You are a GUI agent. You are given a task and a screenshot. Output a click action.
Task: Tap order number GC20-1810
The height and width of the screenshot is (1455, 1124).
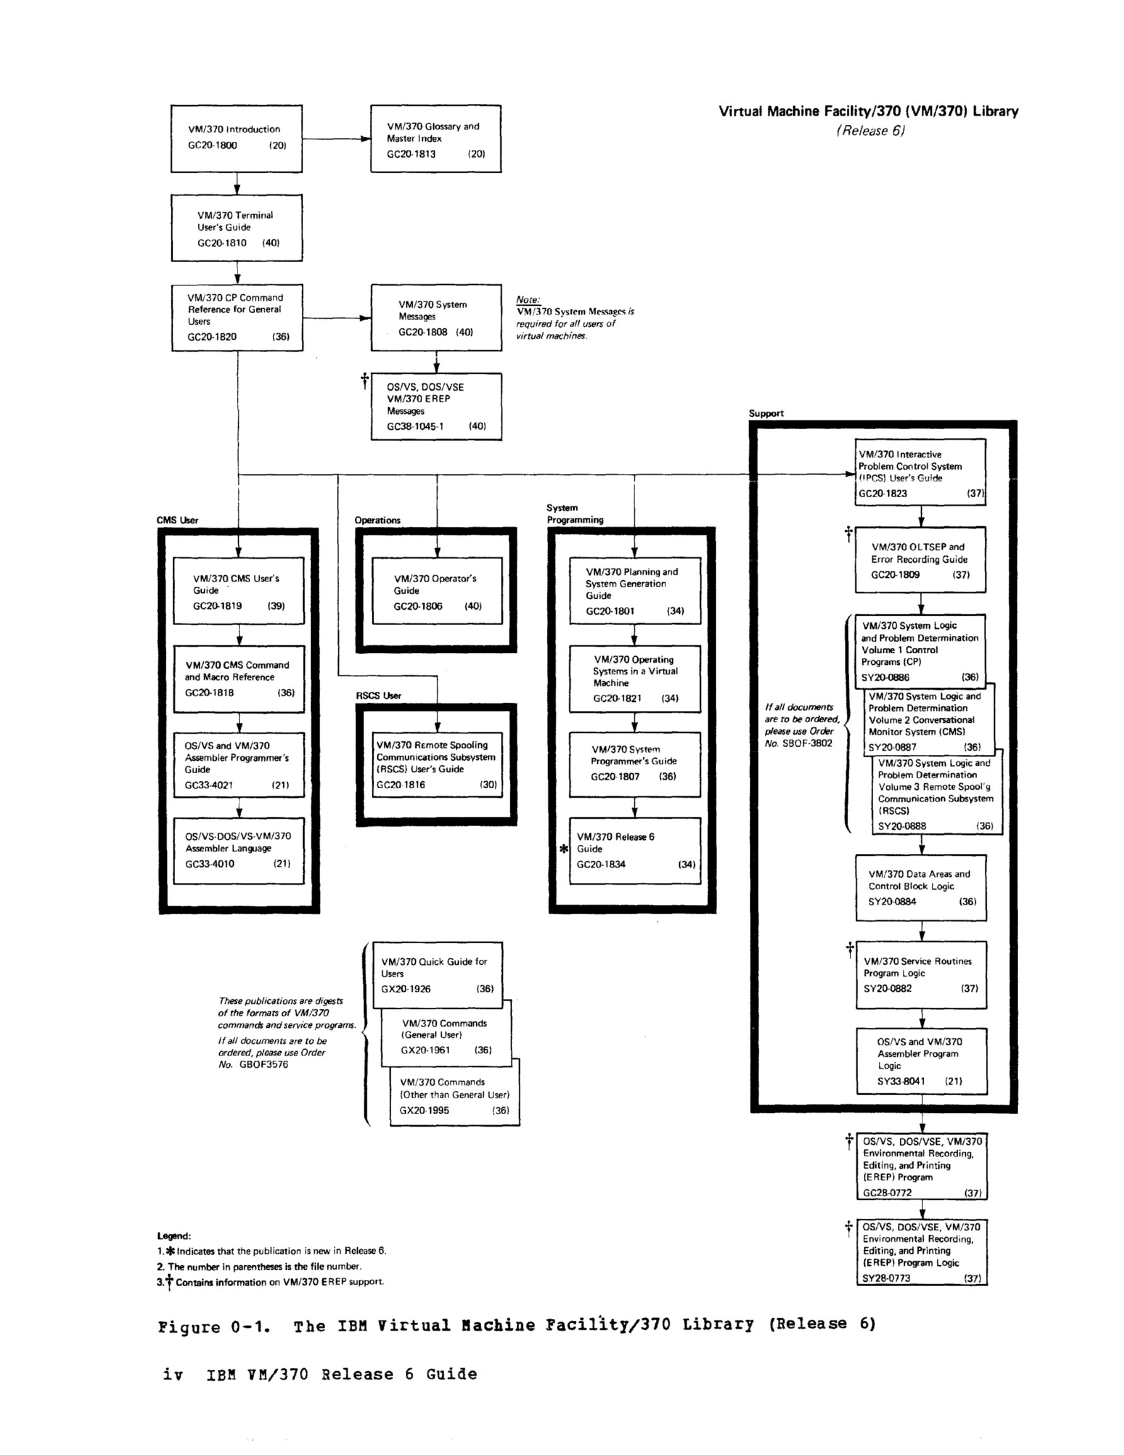tap(222, 243)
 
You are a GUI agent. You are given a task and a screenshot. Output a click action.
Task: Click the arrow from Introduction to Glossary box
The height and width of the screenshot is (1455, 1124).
tap(336, 139)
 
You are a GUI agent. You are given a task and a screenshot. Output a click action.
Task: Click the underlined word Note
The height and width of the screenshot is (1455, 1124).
tap(528, 300)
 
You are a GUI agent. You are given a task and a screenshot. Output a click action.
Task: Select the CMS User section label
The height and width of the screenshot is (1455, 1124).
tap(177, 520)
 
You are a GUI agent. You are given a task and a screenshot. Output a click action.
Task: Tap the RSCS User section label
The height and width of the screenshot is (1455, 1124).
tap(379, 696)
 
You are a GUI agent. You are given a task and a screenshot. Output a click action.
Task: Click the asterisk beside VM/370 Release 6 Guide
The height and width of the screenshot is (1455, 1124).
tap(564, 849)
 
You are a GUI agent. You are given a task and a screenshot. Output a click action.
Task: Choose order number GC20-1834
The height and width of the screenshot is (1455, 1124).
tap(601, 865)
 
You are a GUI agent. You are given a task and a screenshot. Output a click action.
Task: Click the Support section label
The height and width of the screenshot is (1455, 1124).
tap(766, 413)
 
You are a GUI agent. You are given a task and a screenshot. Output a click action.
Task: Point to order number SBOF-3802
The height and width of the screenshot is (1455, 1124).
tap(808, 744)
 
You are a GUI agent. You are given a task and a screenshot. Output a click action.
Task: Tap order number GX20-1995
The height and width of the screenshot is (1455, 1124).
tap(425, 1110)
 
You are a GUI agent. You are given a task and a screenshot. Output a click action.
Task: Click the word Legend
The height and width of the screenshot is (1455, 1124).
tap(174, 1236)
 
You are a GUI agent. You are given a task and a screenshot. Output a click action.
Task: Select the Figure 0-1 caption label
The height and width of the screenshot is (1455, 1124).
tap(215, 1326)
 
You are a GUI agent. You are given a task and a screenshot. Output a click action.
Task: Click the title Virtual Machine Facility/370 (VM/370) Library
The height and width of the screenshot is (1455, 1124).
tap(869, 112)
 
